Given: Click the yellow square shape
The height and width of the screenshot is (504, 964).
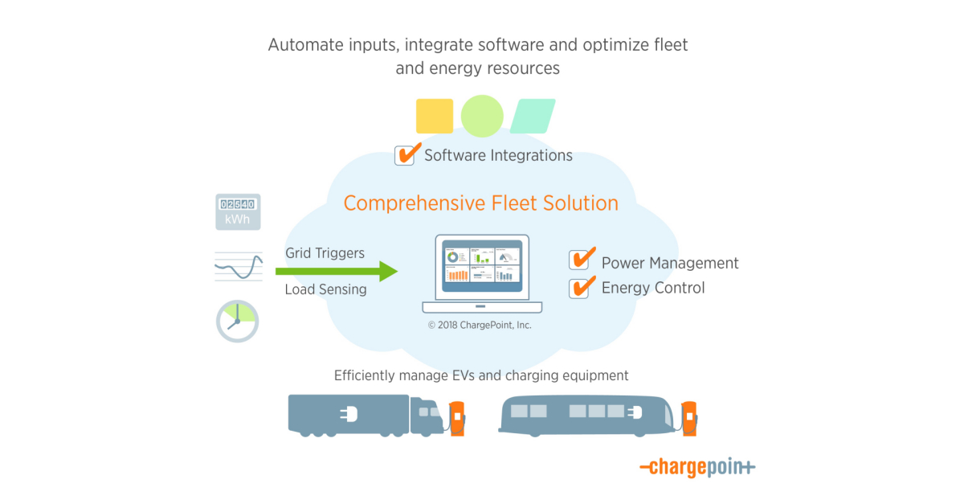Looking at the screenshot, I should (x=434, y=116).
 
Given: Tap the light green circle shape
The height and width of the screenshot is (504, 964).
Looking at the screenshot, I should (x=482, y=116).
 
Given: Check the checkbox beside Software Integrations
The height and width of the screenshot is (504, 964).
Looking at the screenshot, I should (x=405, y=155).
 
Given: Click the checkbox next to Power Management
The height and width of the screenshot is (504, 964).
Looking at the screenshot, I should (x=579, y=260).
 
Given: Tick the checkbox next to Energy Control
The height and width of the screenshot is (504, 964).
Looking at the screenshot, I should (x=579, y=288).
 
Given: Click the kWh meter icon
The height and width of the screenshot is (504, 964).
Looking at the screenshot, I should (x=238, y=211).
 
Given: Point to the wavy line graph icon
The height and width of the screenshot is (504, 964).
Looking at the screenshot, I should (x=238, y=266).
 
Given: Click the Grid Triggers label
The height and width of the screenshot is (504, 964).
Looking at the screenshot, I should (x=325, y=253).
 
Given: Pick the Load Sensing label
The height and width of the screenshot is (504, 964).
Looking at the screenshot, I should (x=325, y=289).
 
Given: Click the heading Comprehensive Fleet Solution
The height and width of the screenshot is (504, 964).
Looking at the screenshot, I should (x=480, y=203).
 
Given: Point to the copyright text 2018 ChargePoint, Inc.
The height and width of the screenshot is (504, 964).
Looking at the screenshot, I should (x=480, y=326).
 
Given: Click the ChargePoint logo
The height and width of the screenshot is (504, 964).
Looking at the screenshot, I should (x=696, y=467).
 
